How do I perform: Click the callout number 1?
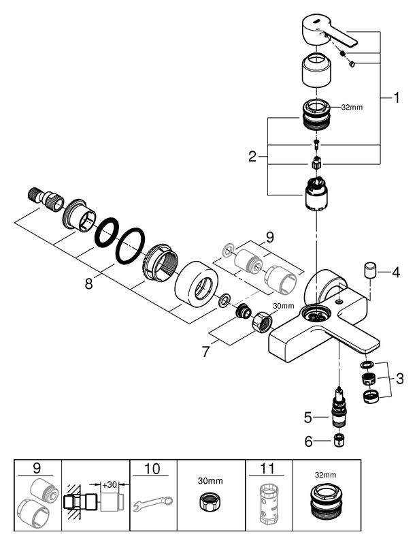point(395,98)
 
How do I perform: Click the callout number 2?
point(253,156)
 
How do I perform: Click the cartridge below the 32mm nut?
point(316,196)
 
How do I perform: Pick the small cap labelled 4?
point(371,268)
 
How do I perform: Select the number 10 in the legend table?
point(153,469)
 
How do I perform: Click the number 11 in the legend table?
point(268,469)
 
